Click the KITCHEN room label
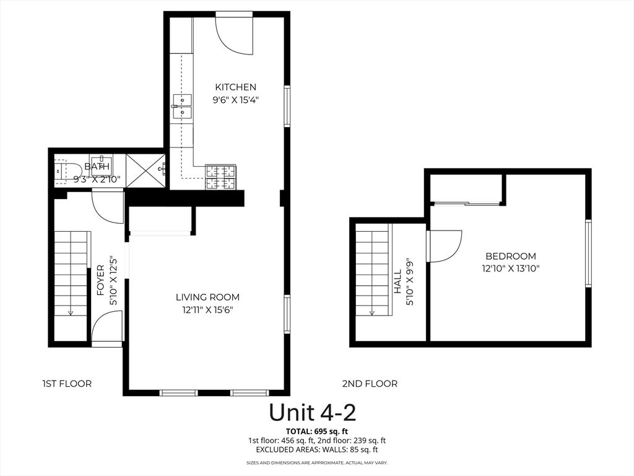click(x=235, y=87)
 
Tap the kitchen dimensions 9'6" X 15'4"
click(x=235, y=99)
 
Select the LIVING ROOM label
click(x=207, y=297)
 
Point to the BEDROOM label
click(x=510, y=256)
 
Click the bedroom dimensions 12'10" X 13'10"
click(x=510, y=268)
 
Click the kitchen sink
click(x=182, y=106)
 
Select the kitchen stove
click(x=221, y=177)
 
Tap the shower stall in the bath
click(x=145, y=169)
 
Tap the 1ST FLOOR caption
click(x=67, y=384)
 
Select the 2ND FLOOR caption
click(x=370, y=384)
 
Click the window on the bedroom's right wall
click(x=588, y=253)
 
